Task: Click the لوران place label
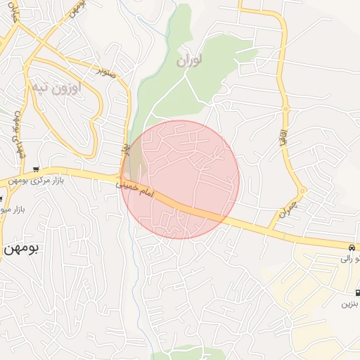click(190, 62)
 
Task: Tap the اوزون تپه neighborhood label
click(56, 88)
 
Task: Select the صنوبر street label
click(105, 71)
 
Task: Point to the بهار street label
click(127, 149)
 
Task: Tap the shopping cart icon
click(36, 169)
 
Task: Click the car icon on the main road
click(350, 247)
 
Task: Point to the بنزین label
click(349, 304)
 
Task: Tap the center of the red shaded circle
click(180, 179)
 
